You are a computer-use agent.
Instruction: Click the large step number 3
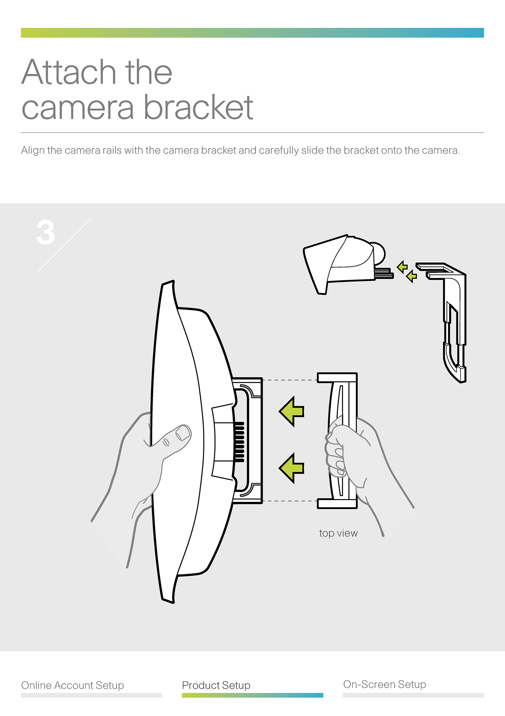46,232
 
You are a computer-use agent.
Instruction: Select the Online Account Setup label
73,685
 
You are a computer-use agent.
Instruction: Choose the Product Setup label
216,685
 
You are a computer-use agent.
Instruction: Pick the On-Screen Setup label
385,684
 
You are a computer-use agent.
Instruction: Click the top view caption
338,533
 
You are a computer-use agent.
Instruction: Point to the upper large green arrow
292,412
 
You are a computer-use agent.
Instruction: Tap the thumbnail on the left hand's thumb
183,432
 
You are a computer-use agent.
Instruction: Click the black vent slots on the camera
239,442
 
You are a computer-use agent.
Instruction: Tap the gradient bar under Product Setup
252,695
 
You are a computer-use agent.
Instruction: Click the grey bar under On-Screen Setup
413,695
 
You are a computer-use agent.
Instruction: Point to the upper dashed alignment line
290,380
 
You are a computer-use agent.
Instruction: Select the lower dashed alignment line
290,501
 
